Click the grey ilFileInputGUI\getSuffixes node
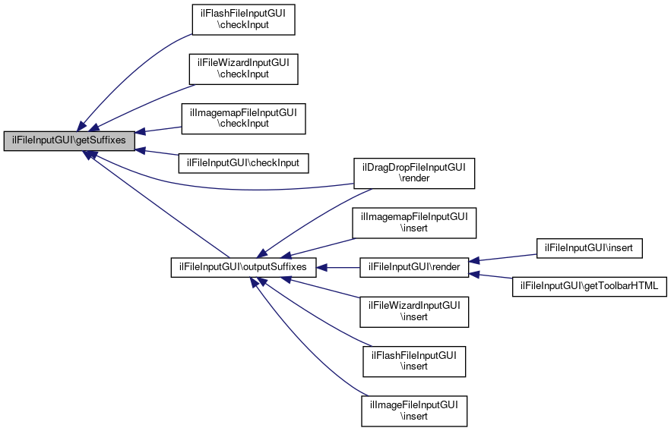[69, 140]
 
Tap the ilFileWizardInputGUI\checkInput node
[243, 68]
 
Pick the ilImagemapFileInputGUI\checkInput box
[243, 117]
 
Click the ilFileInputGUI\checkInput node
[243, 162]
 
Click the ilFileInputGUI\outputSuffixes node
[243, 268]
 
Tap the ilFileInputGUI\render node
[414, 268]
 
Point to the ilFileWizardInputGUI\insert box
[414, 311]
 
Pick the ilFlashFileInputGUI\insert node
[414, 360]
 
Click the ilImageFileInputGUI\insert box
[414, 410]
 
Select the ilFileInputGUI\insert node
[590, 247]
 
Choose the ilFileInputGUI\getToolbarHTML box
[590, 287]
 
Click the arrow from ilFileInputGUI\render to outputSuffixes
[338, 268]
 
